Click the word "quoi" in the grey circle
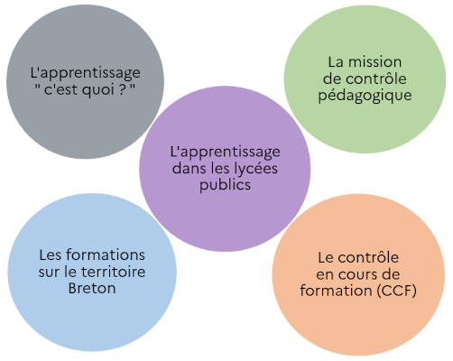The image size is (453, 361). (97, 89)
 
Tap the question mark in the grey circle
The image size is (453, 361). (122, 88)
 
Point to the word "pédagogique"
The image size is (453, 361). (365, 96)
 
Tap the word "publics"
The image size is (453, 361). (225, 184)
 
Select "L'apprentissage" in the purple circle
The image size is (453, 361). (225, 152)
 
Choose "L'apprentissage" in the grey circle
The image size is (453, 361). (85, 73)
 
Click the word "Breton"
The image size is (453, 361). (92, 288)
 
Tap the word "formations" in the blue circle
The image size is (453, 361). (106, 255)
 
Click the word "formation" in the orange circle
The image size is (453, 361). (337, 291)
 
